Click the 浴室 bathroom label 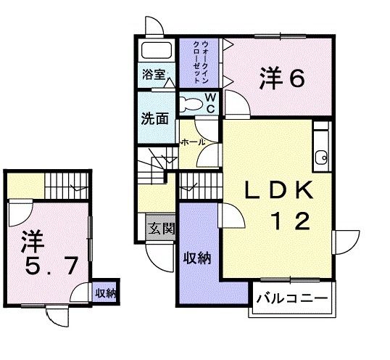tap(154, 74)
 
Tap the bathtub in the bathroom tap(155, 52)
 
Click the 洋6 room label tap(281, 77)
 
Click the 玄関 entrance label tap(161, 229)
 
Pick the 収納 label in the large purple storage tap(196, 258)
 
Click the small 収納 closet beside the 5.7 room tap(107, 293)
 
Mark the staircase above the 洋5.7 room tap(66, 186)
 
